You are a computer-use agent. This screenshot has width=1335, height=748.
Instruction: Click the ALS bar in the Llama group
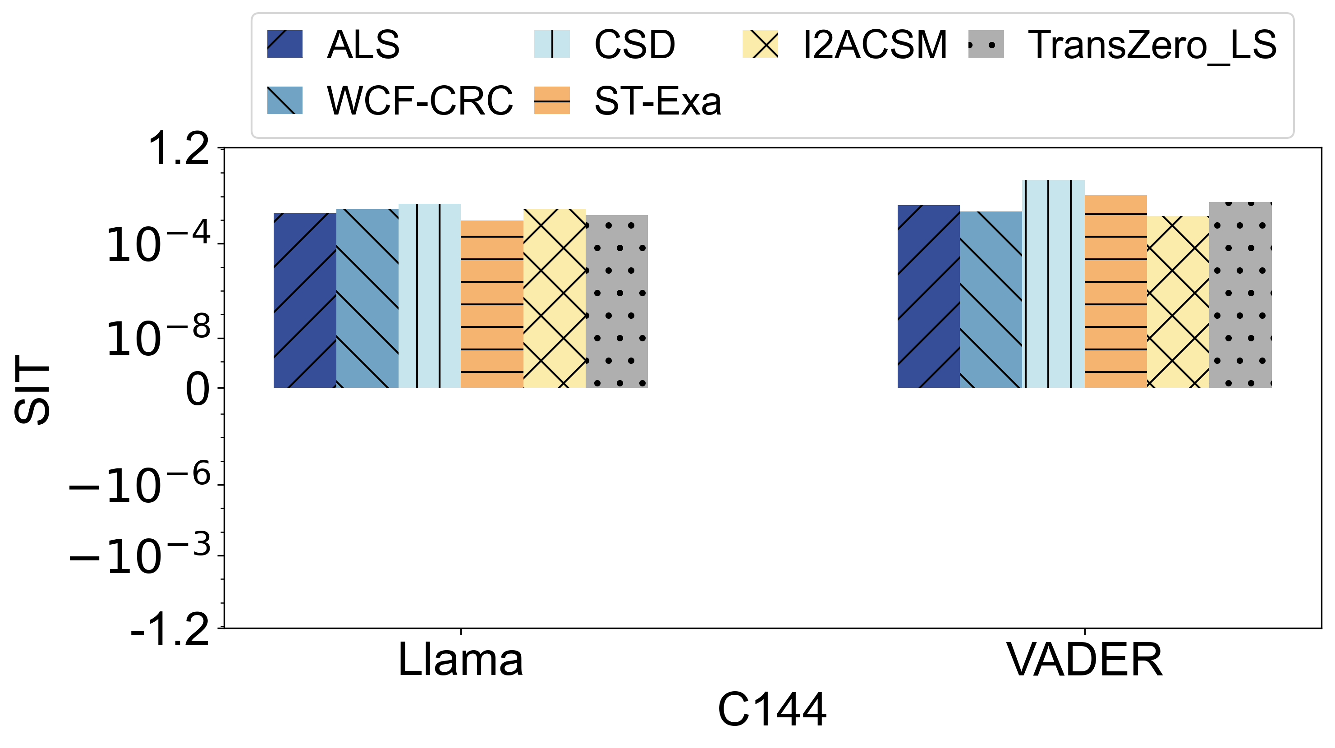pyautogui.click(x=305, y=300)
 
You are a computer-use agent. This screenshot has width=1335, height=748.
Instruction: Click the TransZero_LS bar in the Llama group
pyautogui.click(x=617, y=301)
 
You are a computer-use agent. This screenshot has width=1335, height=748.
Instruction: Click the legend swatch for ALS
pyautogui.click(x=284, y=44)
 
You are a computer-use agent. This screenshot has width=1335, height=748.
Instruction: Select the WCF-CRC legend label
pyautogui.click(x=420, y=101)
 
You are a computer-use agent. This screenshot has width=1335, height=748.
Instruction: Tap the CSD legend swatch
pyautogui.click(x=552, y=44)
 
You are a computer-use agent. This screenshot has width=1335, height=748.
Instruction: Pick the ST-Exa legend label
pyautogui.click(x=658, y=101)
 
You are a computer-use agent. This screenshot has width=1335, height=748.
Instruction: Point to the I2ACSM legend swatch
pyautogui.click(x=760, y=44)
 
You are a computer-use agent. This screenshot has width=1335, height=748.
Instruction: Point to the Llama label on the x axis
pyautogui.click(x=460, y=660)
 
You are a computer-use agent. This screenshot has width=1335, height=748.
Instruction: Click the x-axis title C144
pyautogui.click(x=772, y=710)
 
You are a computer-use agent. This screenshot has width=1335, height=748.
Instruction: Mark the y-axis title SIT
pyautogui.click(x=32, y=389)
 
